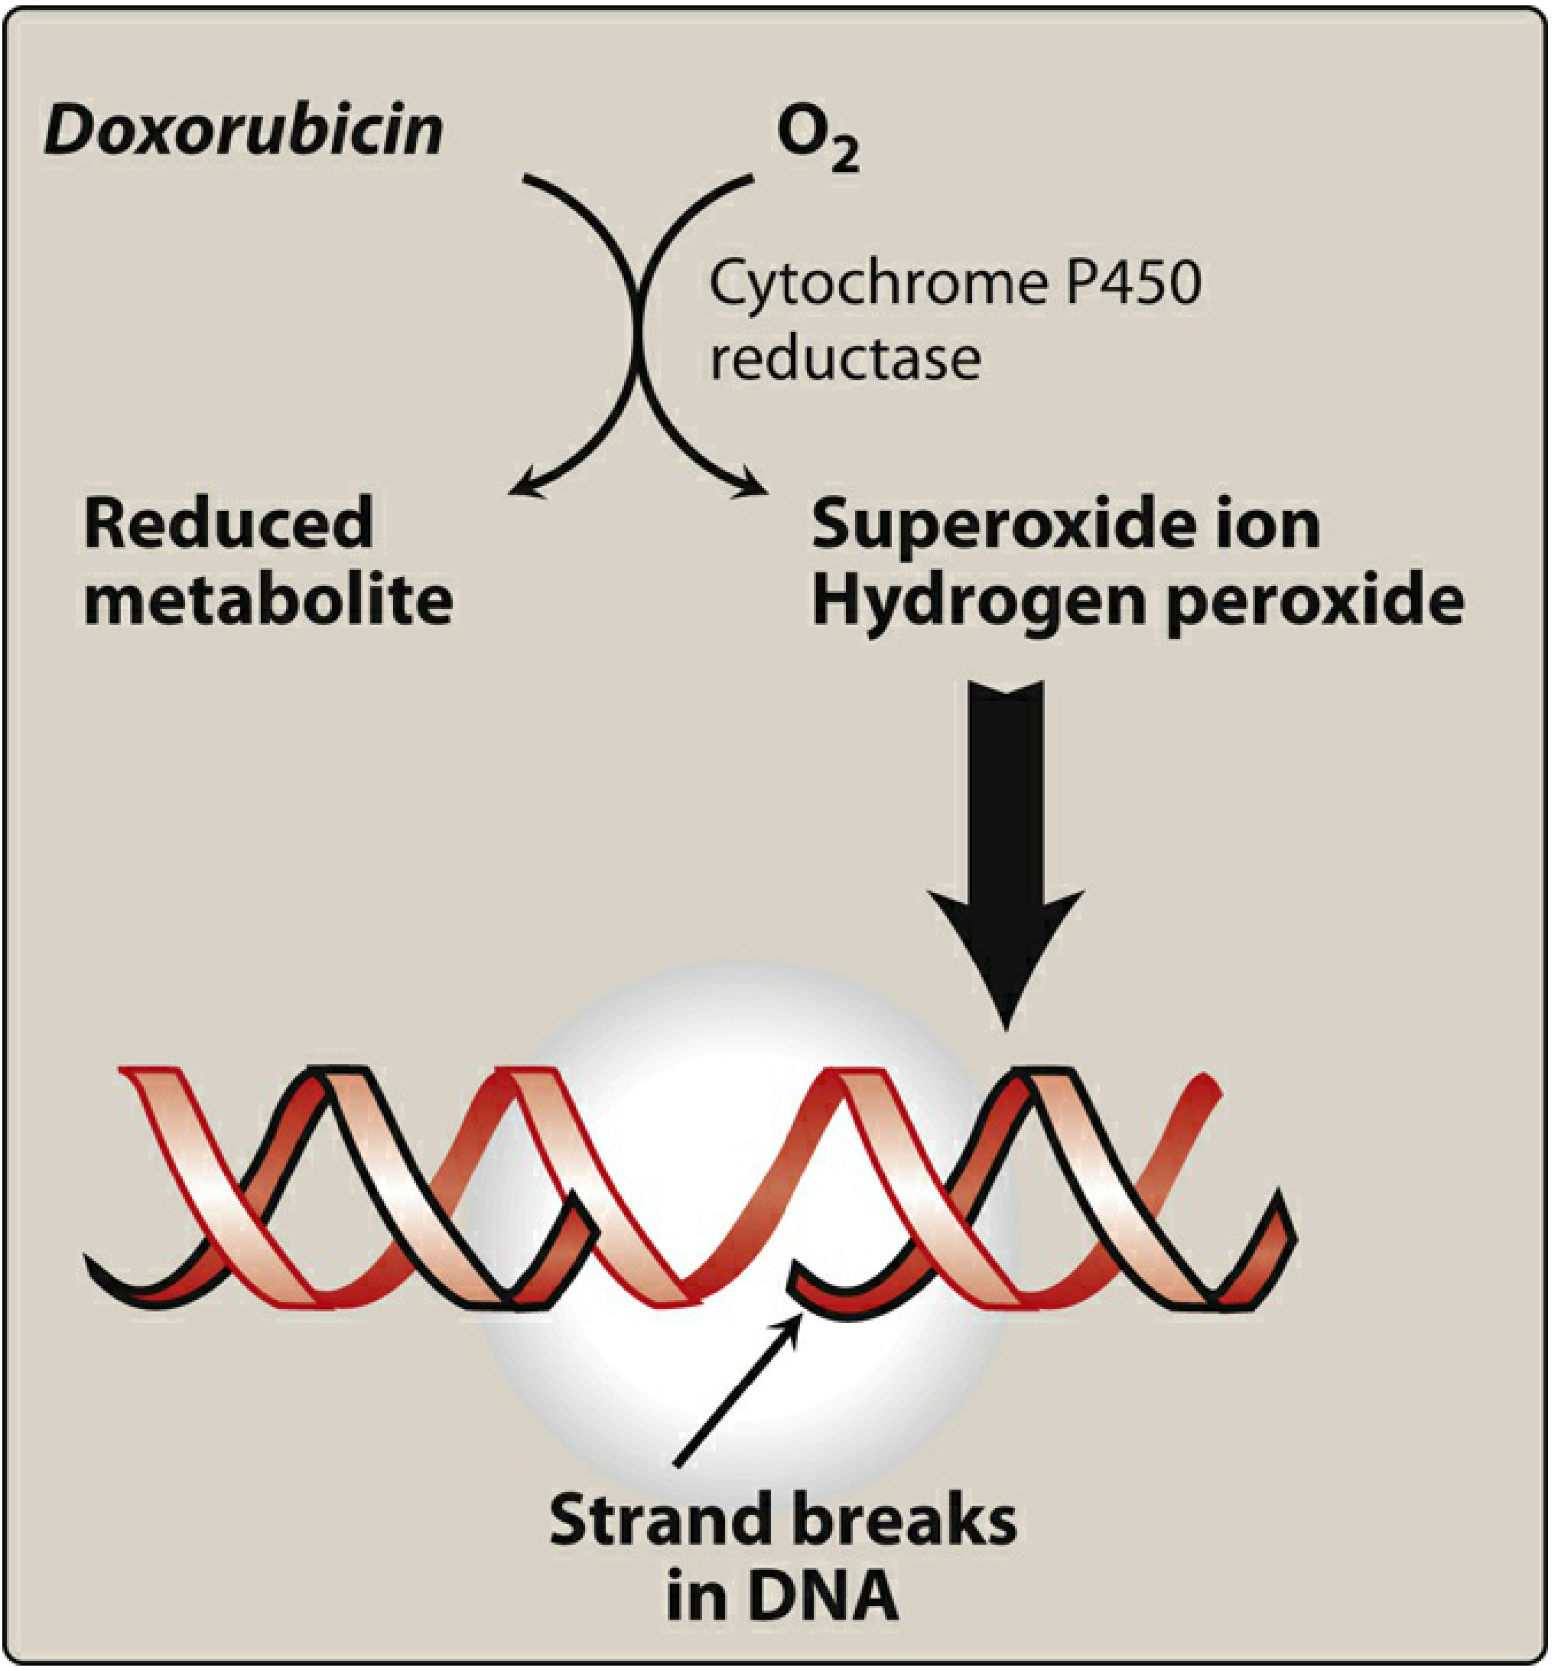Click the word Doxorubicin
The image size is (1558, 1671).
(244, 131)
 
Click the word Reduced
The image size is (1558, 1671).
(229, 523)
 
